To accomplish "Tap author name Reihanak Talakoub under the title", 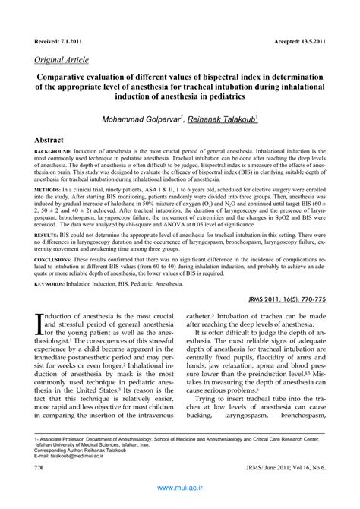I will (x=223, y=119).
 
